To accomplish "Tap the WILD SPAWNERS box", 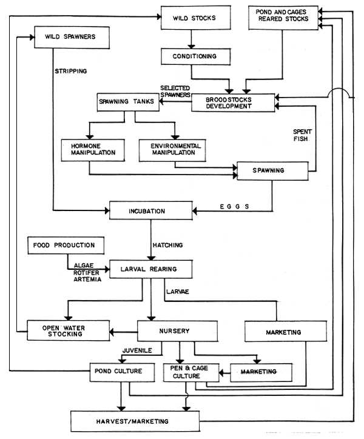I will tap(72, 37).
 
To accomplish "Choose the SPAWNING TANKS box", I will tap(127, 101).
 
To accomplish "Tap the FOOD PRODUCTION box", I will tap(64, 246).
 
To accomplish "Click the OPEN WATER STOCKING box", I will tap(62, 331).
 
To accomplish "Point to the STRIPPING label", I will tap(72, 71).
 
